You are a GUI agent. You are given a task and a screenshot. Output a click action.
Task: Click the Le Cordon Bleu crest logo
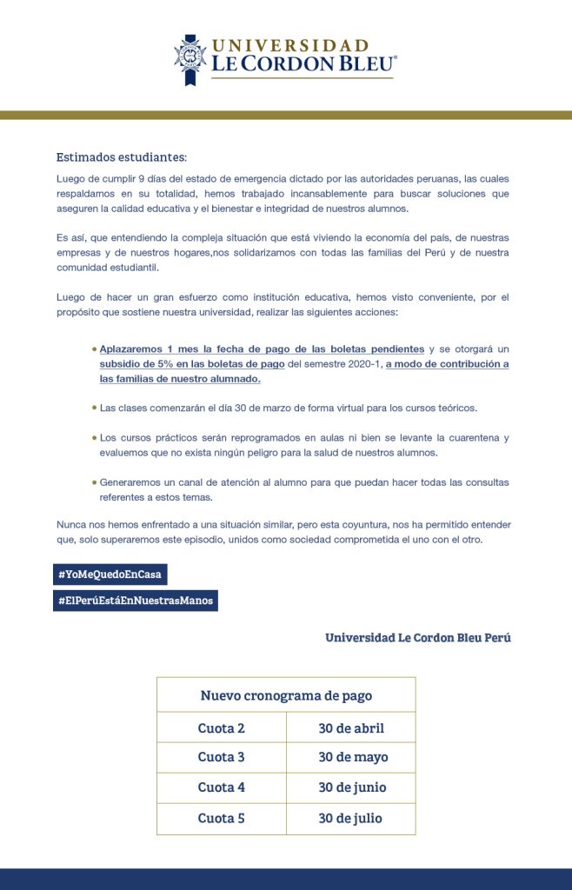(x=190, y=58)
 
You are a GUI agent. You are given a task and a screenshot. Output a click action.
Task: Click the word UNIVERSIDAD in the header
(x=289, y=45)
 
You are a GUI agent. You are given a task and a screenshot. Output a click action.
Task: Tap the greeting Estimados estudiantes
(x=122, y=157)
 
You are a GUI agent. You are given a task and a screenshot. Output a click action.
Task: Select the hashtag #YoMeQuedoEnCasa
(x=110, y=575)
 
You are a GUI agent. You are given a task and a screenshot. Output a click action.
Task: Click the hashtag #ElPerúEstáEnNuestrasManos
(x=135, y=601)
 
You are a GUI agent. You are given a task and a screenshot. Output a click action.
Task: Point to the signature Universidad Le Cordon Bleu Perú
(x=418, y=638)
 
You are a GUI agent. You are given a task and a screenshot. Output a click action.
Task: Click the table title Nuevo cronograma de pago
(x=286, y=695)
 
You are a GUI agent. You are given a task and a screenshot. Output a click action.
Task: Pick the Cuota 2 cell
(x=222, y=728)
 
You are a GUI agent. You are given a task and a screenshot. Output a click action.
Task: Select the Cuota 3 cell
(x=222, y=758)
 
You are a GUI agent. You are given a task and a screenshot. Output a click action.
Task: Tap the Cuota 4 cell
(x=222, y=788)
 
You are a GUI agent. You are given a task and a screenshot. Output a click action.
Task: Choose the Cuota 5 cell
(x=222, y=819)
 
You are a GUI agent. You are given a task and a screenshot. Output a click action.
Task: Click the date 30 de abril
(x=351, y=728)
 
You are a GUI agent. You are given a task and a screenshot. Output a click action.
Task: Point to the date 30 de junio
(x=352, y=788)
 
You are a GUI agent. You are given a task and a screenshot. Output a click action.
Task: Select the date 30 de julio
(x=350, y=819)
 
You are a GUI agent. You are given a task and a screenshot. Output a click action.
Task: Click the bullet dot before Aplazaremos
(x=94, y=349)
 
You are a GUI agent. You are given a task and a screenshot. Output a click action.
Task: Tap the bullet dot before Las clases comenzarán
(x=94, y=407)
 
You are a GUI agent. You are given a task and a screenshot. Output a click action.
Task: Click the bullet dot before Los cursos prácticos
(x=94, y=437)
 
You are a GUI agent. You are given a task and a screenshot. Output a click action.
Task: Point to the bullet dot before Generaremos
(x=94, y=482)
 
